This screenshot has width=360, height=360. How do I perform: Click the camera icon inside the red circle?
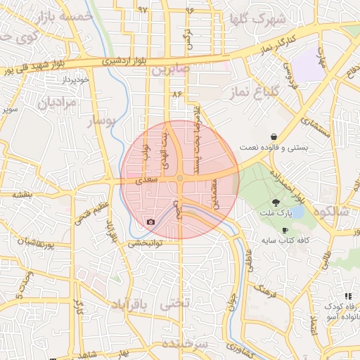click(x=150, y=222)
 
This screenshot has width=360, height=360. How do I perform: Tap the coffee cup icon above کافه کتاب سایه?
click(x=285, y=231)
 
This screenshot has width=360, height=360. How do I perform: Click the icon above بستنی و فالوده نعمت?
click(x=273, y=137)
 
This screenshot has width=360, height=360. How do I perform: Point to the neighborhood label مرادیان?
click(x=51, y=103)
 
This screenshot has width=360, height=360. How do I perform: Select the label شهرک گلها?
click(x=262, y=18)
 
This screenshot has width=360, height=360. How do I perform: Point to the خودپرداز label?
click(x=75, y=79)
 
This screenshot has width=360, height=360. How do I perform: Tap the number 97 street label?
click(x=143, y=10)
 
